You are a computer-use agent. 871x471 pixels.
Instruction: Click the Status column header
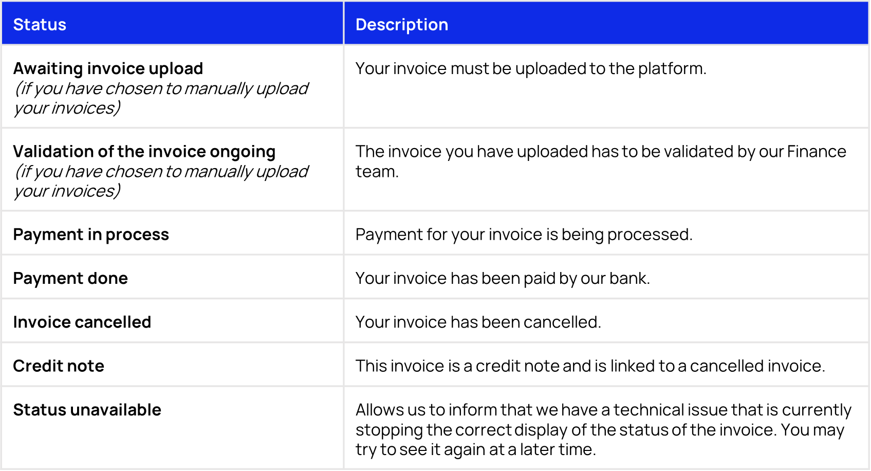point(40,25)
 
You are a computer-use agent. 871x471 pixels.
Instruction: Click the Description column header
point(401,25)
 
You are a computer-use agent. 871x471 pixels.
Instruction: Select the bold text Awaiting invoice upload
point(108,68)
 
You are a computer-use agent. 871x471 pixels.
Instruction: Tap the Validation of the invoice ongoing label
point(144,152)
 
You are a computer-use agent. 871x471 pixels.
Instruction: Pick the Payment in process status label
point(91,234)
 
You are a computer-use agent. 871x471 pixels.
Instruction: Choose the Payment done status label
point(70,278)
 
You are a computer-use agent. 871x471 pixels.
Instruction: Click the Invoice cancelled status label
point(82,322)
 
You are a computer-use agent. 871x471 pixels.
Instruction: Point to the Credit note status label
point(59,366)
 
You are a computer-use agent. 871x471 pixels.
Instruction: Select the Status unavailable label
point(87,410)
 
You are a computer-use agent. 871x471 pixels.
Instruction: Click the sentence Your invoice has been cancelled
point(478,322)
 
